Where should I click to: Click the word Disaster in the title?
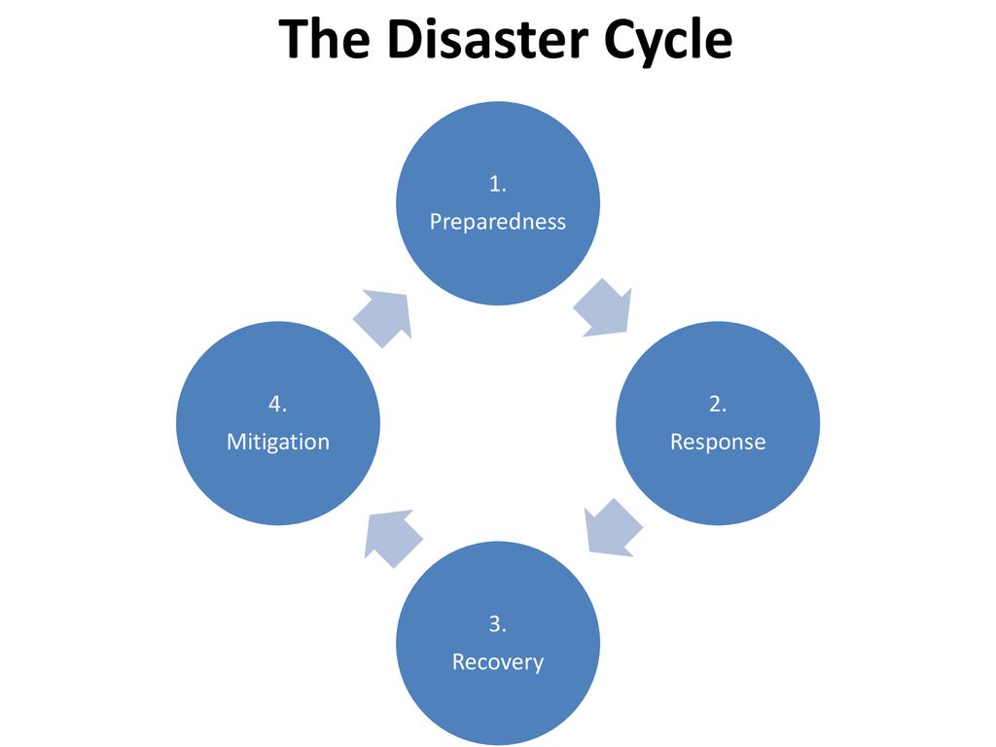tap(487, 39)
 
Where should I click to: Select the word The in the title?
tap(324, 39)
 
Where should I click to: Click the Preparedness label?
tap(497, 222)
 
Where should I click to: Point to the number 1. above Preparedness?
tap(497, 184)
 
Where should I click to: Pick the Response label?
tap(718, 442)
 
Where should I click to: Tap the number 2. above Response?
tap(718, 404)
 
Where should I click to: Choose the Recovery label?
tap(497, 662)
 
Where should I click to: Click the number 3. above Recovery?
tap(497, 623)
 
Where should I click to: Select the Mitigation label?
tap(278, 442)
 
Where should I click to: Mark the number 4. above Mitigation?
tap(277, 404)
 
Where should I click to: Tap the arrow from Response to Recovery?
tap(613, 528)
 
